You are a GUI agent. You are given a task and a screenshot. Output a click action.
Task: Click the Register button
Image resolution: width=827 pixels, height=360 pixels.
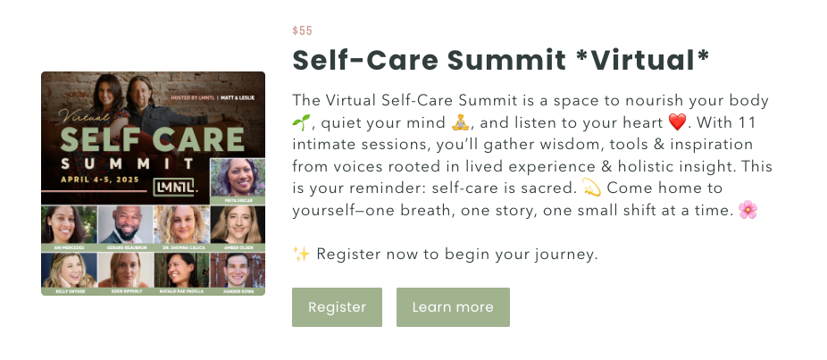coord(337,307)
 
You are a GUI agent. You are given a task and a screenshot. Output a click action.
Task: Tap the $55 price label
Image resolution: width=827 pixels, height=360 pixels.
coord(302,31)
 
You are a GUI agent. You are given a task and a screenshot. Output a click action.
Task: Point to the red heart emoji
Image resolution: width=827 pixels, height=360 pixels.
coord(678,121)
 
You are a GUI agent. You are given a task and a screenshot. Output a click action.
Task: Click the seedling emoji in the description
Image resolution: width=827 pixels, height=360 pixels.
coord(300,121)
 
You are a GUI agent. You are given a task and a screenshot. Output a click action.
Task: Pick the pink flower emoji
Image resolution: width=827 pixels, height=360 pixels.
coord(748,210)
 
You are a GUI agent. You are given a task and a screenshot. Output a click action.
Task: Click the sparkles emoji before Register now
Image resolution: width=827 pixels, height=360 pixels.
coord(301,255)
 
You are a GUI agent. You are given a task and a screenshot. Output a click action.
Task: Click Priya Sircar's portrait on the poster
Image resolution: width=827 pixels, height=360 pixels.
coord(237,180)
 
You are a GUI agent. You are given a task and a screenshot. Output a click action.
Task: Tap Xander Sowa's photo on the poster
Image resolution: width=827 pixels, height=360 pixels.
coord(237,271)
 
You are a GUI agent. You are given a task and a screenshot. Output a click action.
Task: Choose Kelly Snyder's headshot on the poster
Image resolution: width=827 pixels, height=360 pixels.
coord(69,271)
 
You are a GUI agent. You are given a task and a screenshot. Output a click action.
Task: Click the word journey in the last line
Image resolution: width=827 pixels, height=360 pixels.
coord(567,255)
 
